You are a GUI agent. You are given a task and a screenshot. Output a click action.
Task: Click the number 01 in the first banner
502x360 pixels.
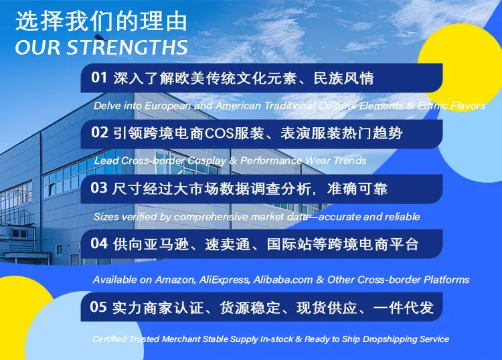[x=99, y=78]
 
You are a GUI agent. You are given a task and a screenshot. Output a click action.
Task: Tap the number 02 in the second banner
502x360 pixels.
[x=99, y=132]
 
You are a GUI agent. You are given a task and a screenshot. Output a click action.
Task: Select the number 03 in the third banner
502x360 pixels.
[x=99, y=188]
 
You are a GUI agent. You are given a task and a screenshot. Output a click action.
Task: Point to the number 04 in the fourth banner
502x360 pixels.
[x=99, y=244]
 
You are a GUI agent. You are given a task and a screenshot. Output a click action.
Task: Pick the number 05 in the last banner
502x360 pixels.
[x=98, y=307]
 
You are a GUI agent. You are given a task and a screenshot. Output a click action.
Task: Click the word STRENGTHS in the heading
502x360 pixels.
[x=127, y=48]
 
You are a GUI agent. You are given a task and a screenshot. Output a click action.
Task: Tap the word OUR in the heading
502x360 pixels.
[x=37, y=48]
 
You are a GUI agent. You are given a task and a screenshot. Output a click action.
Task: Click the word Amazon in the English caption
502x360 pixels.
[x=175, y=280]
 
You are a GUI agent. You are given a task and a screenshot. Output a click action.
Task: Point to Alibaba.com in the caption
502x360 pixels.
[x=283, y=280]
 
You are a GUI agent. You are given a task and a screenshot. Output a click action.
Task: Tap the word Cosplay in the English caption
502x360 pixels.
[x=207, y=161]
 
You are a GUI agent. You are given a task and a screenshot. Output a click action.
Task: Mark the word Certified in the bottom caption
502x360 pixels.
[x=109, y=339]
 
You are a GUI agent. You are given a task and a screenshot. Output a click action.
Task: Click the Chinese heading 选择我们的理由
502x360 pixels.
[x=101, y=21]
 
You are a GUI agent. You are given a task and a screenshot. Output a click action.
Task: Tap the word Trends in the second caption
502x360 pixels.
[x=349, y=161]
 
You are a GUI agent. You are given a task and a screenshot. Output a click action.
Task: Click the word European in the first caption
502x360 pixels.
[x=167, y=106]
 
